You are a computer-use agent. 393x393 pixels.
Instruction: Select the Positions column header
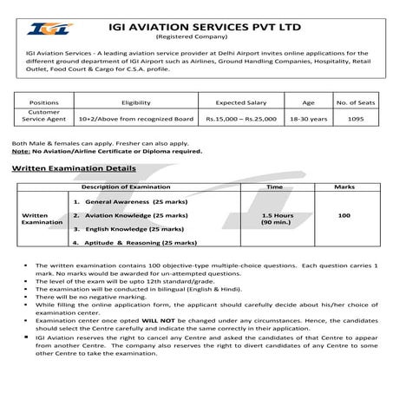tap(43, 102)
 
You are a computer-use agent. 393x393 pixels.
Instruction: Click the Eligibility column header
tap(136, 102)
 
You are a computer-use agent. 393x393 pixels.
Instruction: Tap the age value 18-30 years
tap(301, 119)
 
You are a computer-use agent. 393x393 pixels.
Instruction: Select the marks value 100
tap(344, 213)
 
